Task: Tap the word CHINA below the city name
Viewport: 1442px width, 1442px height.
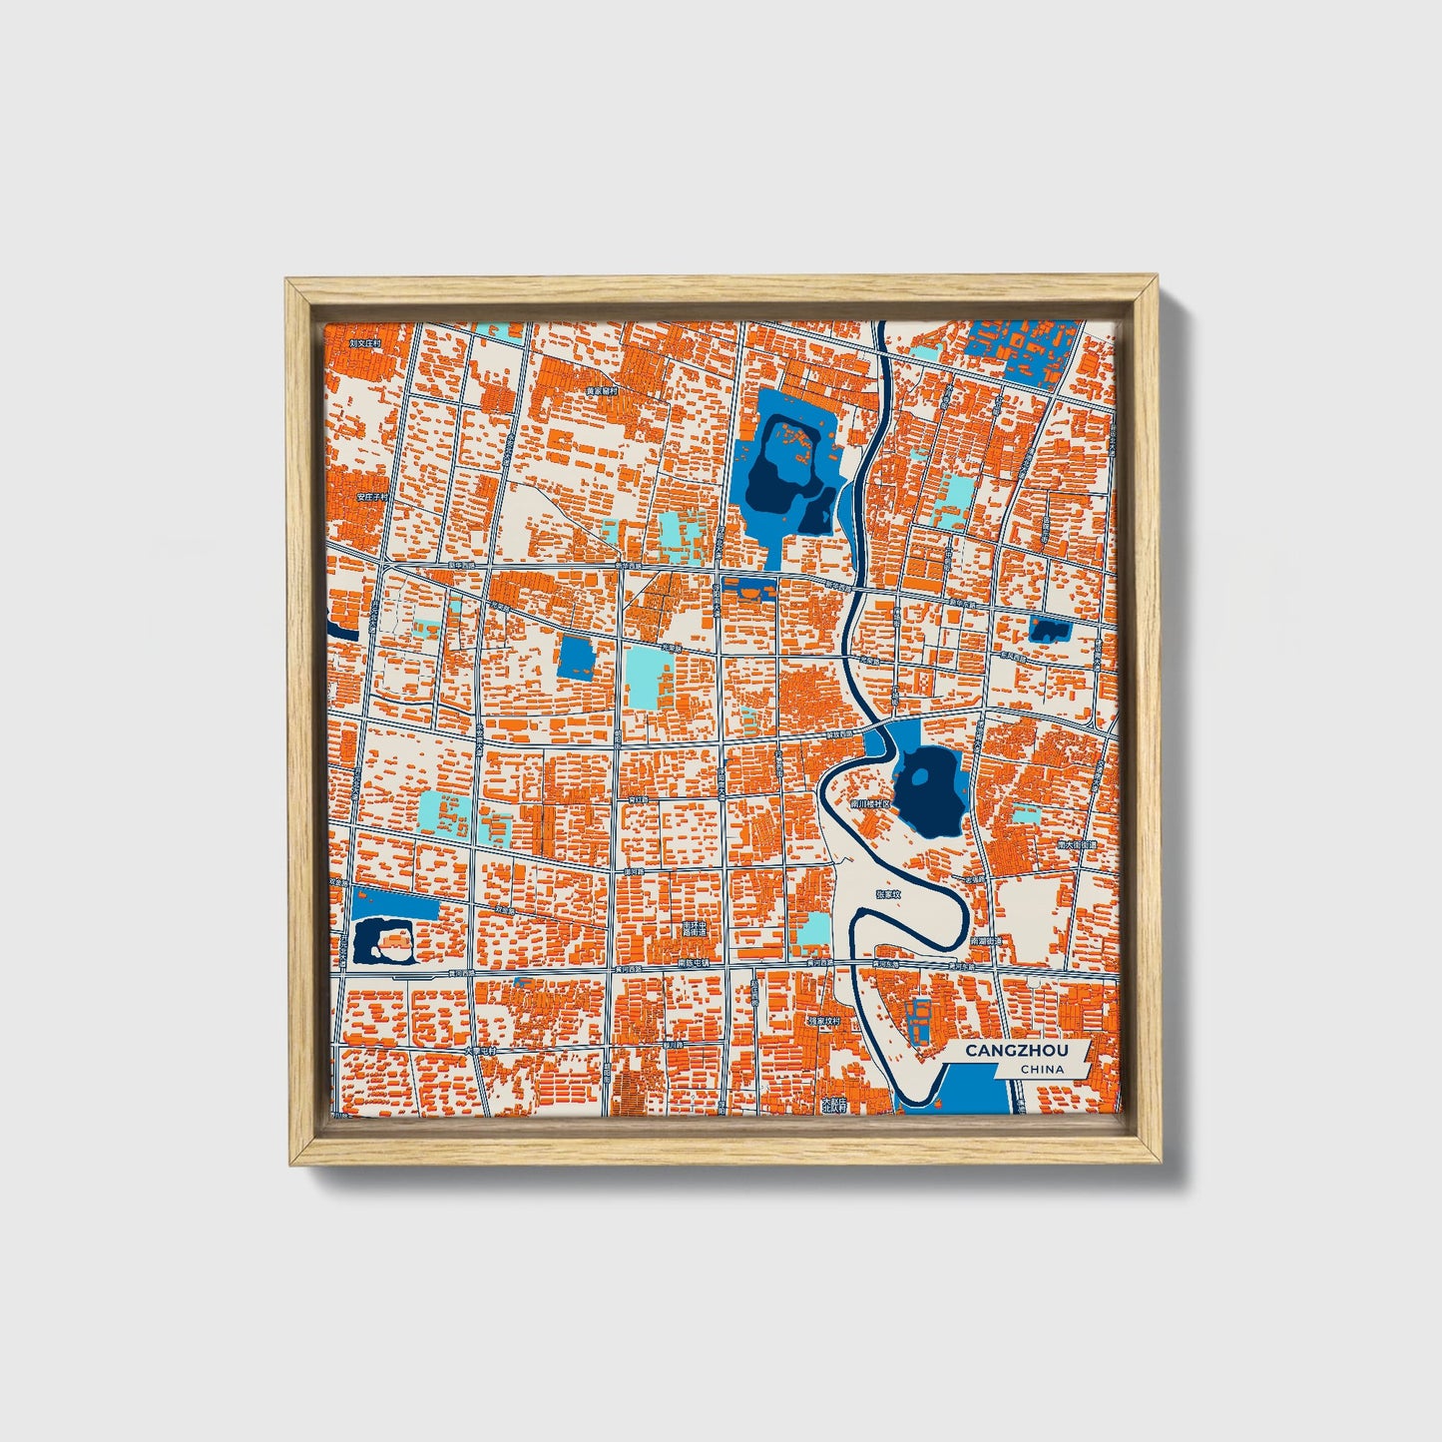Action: (x=1042, y=1070)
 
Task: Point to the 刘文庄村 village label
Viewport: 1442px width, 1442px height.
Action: (x=366, y=342)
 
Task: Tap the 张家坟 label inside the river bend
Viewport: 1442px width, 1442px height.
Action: (x=887, y=894)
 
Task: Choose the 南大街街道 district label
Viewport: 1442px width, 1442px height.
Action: (x=1077, y=844)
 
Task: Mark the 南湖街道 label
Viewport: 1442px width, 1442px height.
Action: (x=986, y=941)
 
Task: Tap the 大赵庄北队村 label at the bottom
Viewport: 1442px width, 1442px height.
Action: (x=833, y=1104)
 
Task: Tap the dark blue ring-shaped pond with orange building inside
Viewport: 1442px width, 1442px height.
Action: (x=383, y=941)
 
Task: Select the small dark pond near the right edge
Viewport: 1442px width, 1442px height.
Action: (x=1048, y=630)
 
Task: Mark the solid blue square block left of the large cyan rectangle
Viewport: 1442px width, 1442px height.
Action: (x=576, y=659)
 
